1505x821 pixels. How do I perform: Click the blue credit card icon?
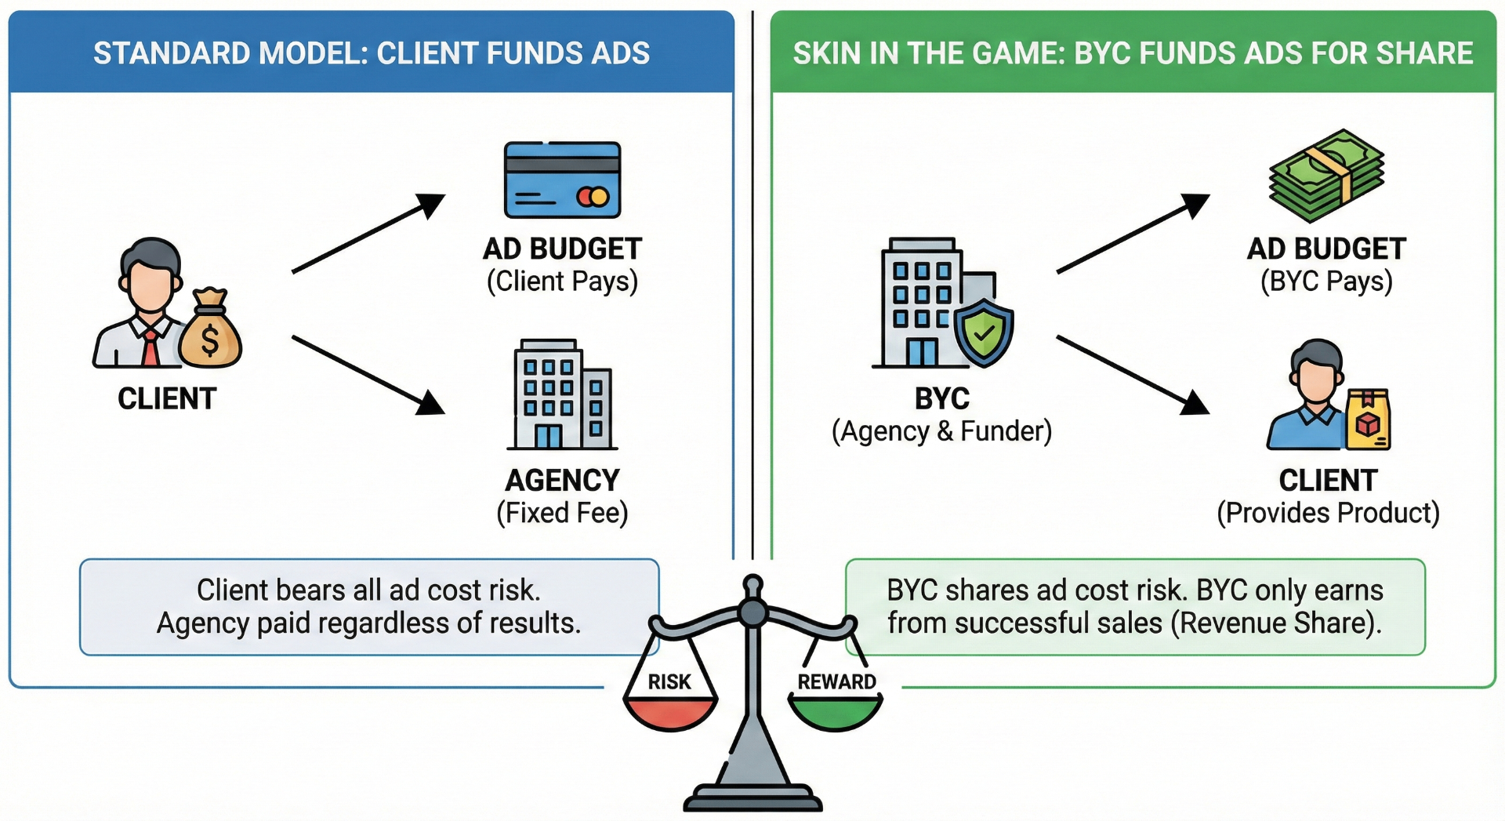pyautogui.click(x=562, y=180)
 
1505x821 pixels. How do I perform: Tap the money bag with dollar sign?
pyautogui.click(x=209, y=332)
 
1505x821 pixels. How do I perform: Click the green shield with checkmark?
pyautogui.click(x=984, y=332)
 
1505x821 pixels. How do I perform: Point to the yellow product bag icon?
pyautogui.click(x=1368, y=420)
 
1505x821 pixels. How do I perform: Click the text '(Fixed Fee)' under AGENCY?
pyautogui.click(x=562, y=513)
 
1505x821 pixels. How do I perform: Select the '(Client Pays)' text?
pyautogui.click(x=562, y=282)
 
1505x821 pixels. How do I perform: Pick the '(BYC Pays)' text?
pyautogui.click(x=1326, y=282)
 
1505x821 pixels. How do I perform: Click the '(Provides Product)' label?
pyautogui.click(x=1328, y=513)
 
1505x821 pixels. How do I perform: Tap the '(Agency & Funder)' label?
pyautogui.click(x=941, y=431)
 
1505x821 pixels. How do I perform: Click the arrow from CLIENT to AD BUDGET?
pyautogui.click(x=367, y=234)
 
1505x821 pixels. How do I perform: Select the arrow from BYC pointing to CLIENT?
pyautogui.click(x=1132, y=374)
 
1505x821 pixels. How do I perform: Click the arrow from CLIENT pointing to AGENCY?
pyautogui.click(x=367, y=374)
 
